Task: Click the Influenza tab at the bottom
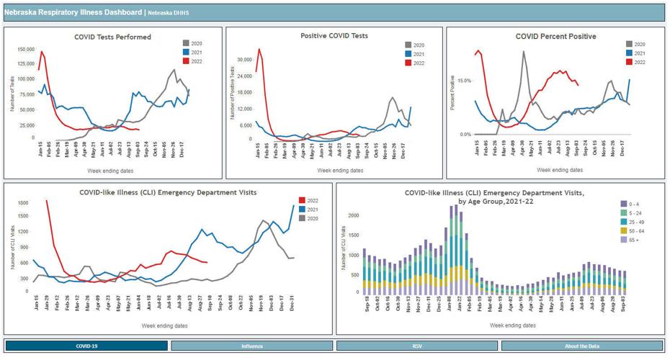[251, 346]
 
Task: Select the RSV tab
[417, 346]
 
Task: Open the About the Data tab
[582, 346]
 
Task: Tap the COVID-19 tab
[86, 346]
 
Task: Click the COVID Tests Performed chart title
[112, 37]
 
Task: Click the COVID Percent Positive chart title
[555, 37]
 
